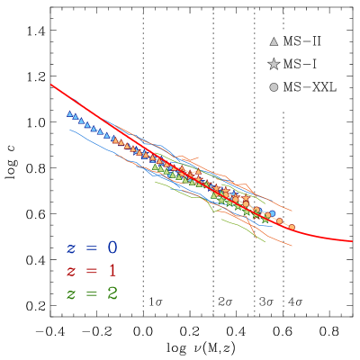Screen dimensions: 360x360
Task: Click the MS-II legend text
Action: click(x=301, y=41)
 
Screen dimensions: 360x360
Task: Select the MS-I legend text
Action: click(x=300, y=64)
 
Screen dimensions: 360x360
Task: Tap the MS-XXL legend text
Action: click(x=309, y=87)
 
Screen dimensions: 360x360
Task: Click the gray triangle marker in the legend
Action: click(x=274, y=41)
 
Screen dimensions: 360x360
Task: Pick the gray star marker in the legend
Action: click(x=274, y=64)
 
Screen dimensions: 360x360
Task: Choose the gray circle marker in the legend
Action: click(x=274, y=87)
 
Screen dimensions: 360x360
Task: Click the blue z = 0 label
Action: click(x=91, y=247)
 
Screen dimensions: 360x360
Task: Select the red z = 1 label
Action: click(x=91, y=271)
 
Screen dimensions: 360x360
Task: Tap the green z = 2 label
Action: click(x=91, y=293)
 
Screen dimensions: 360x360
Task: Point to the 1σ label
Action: click(x=155, y=301)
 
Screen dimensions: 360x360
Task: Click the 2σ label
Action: click(x=225, y=301)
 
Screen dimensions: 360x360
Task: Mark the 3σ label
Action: click(x=265, y=301)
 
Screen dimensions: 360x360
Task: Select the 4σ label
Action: click(x=294, y=301)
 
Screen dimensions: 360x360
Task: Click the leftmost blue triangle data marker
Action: click(x=70, y=114)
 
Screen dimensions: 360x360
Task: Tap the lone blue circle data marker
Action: click(x=273, y=214)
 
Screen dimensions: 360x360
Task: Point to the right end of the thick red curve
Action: click(x=351, y=241)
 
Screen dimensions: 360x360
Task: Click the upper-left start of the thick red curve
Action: click(x=51, y=85)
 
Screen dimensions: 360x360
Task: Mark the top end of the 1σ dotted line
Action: click(x=143, y=9)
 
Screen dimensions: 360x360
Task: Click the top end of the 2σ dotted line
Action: click(x=213, y=9)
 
